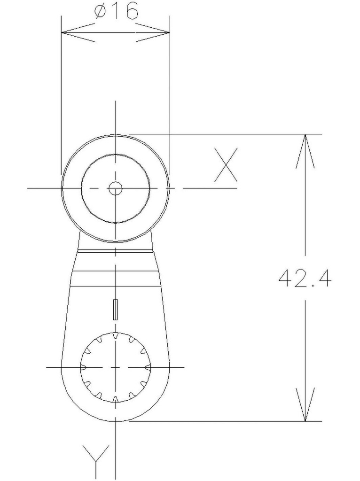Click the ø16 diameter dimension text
click(x=116, y=11)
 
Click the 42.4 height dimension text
click(x=305, y=278)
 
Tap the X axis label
click(x=226, y=165)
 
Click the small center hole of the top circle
click(x=115, y=188)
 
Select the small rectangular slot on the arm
click(x=115, y=309)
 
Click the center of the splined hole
click(x=115, y=366)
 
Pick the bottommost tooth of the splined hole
click(x=115, y=399)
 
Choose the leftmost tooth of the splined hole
click(x=83, y=366)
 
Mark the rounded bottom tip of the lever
click(x=115, y=420)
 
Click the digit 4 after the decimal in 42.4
click(x=324, y=278)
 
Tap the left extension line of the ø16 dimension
click(x=61, y=94)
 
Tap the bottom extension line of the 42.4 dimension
click(x=226, y=421)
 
